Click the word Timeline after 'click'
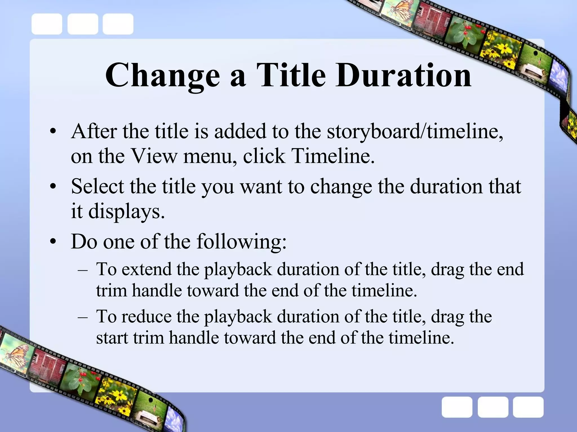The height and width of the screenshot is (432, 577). (x=332, y=156)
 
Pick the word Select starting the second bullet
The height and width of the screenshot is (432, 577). (x=97, y=186)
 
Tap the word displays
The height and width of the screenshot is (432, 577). (x=126, y=211)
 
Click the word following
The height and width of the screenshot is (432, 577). (x=241, y=241)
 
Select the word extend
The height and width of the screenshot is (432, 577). (x=147, y=269)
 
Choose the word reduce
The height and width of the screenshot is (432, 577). (x=147, y=316)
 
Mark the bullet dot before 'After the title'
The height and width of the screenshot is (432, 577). (x=53, y=132)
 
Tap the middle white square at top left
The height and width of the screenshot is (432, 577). (x=83, y=24)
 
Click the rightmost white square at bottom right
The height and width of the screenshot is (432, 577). (x=528, y=407)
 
